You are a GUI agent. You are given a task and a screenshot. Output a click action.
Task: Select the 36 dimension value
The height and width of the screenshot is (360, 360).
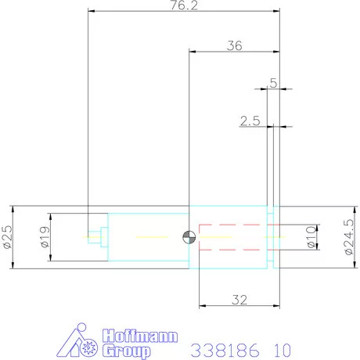[x=234, y=45]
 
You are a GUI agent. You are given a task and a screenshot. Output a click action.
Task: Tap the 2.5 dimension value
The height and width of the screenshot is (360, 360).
[x=250, y=121]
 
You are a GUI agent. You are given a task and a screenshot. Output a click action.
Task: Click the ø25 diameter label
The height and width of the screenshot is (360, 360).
[x=8, y=237]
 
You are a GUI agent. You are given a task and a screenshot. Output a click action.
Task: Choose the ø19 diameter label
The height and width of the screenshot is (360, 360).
[x=44, y=237]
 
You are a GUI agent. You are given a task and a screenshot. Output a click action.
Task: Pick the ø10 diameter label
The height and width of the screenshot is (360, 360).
[x=311, y=237]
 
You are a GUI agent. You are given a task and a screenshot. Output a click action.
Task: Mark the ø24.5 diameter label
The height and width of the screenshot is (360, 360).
[x=348, y=237]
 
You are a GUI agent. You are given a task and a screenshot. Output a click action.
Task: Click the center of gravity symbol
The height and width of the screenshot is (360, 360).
[x=188, y=237]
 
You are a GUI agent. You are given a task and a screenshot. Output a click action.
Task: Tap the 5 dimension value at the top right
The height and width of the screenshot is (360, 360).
[x=273, y=82]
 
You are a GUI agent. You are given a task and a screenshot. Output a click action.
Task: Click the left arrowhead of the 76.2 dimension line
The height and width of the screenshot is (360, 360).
[x=92, y=12]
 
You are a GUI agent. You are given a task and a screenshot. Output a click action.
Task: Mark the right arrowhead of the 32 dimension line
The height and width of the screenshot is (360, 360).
[x=276, y=305]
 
